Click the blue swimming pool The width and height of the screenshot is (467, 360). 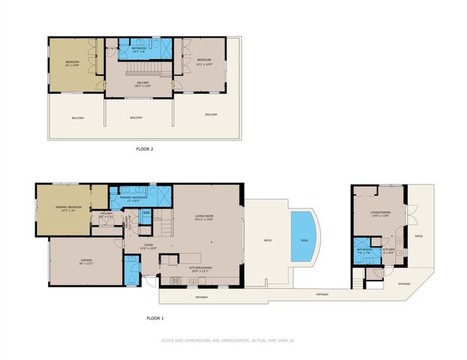(x=303, y=235)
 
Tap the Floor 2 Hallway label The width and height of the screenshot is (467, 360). (x=139, y=85)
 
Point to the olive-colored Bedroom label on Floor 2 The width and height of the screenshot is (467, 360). (x=71, y=62)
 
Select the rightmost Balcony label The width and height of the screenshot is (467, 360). (x=211, y=115)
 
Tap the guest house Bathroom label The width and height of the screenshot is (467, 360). (x=364, y=251)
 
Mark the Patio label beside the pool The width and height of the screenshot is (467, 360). (x=267, y=241)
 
